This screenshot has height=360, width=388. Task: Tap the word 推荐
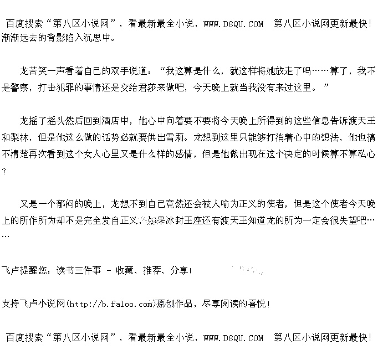tap(150, 270)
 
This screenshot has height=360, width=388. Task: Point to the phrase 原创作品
tap(173, 304)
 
